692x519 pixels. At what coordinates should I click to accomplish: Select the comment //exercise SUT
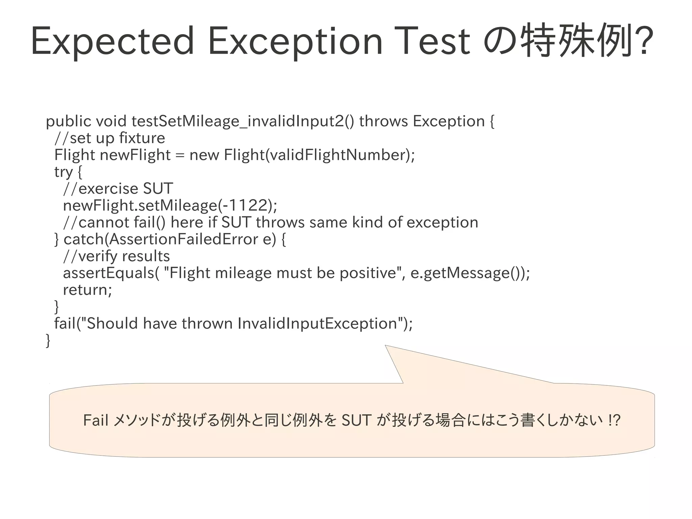pos(118,189)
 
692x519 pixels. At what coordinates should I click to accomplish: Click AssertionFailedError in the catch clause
pos(184,239)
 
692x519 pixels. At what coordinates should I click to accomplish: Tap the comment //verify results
pos(116,256)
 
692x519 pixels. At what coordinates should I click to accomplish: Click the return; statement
pos(87,290)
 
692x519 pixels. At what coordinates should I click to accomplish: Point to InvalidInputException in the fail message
pos(317,324)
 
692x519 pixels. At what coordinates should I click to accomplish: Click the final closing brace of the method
pos(48,340)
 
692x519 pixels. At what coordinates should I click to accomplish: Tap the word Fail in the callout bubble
pos(96,421)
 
